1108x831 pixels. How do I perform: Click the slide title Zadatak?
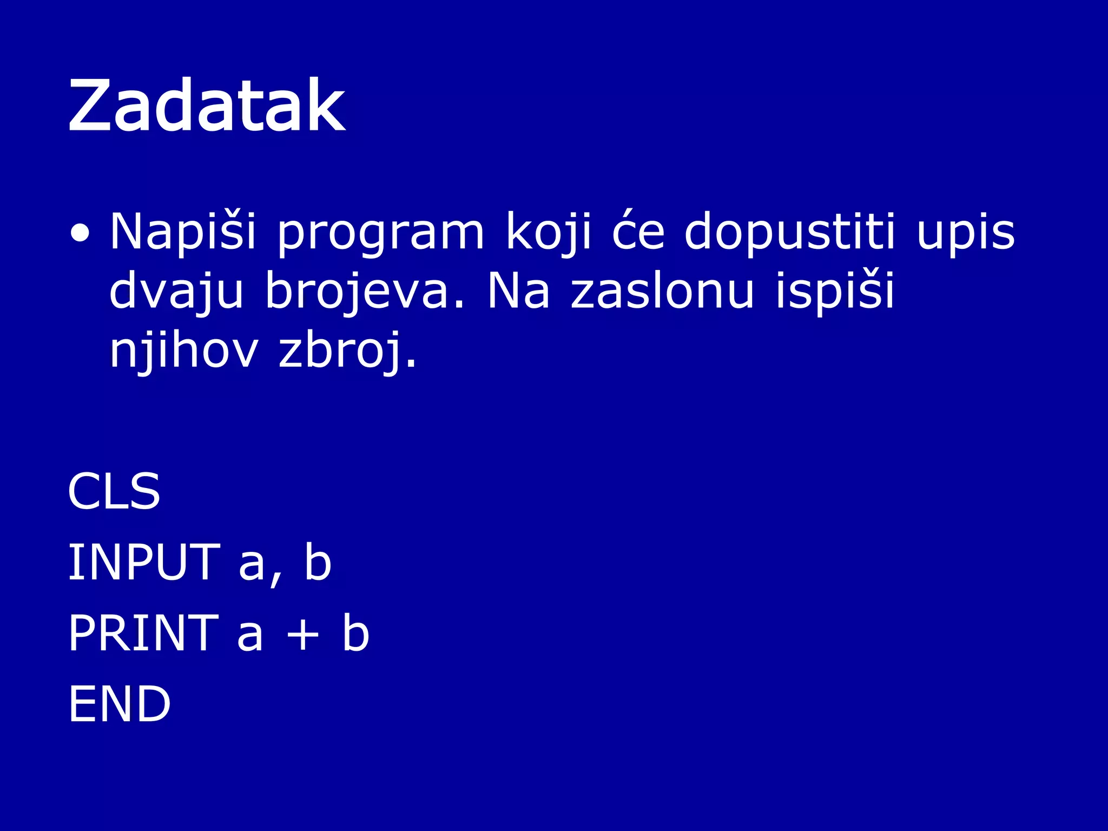(x=207, y=105)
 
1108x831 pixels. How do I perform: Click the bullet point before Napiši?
(x=80, y=233)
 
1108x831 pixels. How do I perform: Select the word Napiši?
(x=183, y=232)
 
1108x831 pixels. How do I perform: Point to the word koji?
(x=549, y=232)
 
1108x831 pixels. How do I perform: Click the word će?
(x=638, y=232)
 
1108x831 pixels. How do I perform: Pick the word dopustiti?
(x=790, y=232)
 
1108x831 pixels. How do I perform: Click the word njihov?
(x=184, y=351)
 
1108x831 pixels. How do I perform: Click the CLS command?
(x=114, y=491)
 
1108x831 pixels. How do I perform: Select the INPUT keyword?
(x=143, y=563)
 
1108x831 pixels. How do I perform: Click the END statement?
(x=120, y=704)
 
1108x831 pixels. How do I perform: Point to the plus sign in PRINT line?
(x=302, y=635)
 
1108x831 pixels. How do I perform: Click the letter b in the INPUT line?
(x=318, y=563)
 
